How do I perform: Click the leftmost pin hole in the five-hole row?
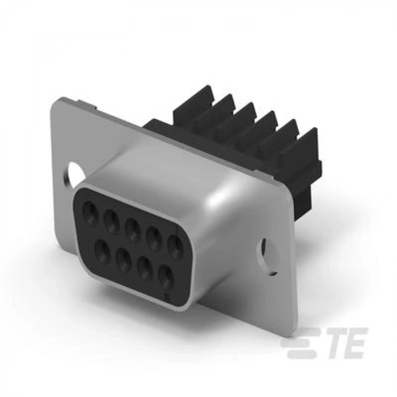90,214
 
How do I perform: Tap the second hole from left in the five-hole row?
112,222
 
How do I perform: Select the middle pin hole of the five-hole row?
133,230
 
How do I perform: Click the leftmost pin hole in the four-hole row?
102,250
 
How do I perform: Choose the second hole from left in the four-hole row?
123,259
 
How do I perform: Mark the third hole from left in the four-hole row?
145,267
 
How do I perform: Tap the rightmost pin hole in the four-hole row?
165,276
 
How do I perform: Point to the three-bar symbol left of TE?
300,343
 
